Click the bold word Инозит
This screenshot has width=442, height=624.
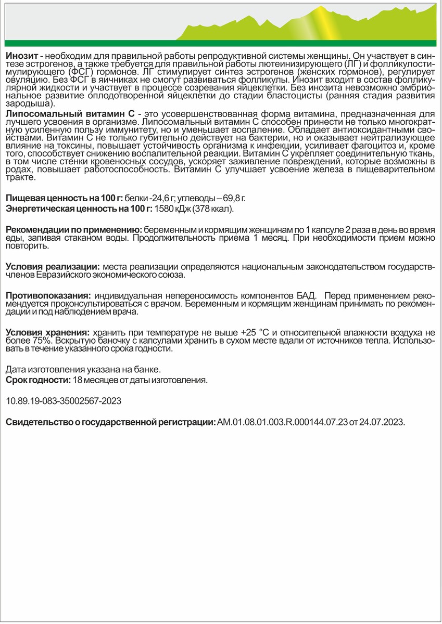tap(20, 56)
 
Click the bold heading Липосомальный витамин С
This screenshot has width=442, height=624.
tap(70, 114)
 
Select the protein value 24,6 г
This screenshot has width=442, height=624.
tap(161, 198)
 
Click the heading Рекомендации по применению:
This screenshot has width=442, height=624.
tap(73, 230)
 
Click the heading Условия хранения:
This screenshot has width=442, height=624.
tap(47, 332)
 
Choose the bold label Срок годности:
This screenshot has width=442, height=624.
tap(38, 380)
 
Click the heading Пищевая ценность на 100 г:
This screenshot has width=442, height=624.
tap(64, 198)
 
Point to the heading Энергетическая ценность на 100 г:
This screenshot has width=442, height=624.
tap(79, 209)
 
